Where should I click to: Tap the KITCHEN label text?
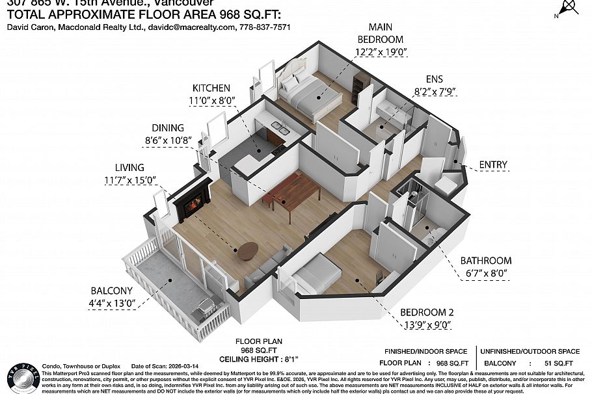pyautogui.click(x=211, y=88)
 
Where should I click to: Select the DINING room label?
pyautogui.click(x=168, y=128)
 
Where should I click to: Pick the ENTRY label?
pyautogui.click(x=492, y=165)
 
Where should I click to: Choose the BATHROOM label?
pyautogui.click(x=485, y=261)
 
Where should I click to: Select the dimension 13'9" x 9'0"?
pyautogui.click(x=425, y=324)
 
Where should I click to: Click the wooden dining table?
pyautogui.click(x=293, y=193)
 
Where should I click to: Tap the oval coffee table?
pyautogui.click(x=248, y=250)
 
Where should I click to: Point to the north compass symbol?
pyautogui.click(x=570, y=8)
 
